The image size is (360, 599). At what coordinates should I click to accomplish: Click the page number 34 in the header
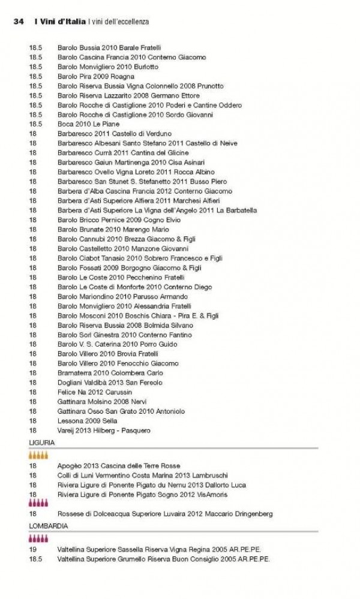click(18, 22)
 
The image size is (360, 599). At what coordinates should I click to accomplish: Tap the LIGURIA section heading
click(41, 442)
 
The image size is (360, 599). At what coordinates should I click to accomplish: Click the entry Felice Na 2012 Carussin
click(94, 392)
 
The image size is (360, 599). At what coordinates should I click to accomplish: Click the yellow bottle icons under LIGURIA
click(38, 455)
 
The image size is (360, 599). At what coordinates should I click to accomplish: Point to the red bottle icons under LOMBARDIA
click(38, 538)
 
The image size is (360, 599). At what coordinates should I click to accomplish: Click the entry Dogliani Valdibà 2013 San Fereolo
click(110, 383)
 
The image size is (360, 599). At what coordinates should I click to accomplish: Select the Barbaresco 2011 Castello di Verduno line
click(115, 133)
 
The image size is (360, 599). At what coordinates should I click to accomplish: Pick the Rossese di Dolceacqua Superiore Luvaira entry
click(165, 514)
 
